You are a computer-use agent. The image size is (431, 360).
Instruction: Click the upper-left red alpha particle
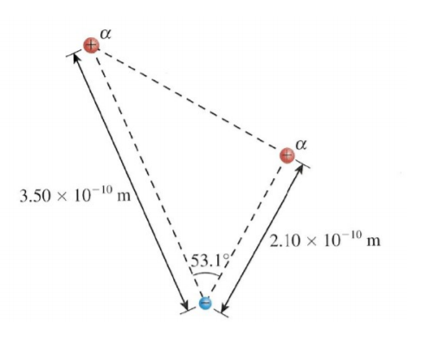pyautogui.click(x=92, y=45)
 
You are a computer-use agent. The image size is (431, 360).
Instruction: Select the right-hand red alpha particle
pyautogui.click(x=289, y=154)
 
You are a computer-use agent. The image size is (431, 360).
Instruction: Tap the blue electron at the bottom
pyautogui.click(x=205, y=303)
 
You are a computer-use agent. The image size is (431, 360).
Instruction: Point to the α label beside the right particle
pyautogui.click(x=301, y=140)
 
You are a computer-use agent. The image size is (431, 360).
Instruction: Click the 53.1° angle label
pyautogui.click(x=209, y=258)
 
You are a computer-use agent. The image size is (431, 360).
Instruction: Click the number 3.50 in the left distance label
pyautogui.click(x=35, y=196)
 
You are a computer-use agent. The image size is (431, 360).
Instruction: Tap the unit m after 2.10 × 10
pyautogui.click(x=375, y=240)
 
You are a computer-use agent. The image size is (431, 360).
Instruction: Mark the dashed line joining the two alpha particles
pyautogui.click(x=190, y=100)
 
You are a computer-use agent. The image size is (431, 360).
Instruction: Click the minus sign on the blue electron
pyautogui.click(x=205, y=303)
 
